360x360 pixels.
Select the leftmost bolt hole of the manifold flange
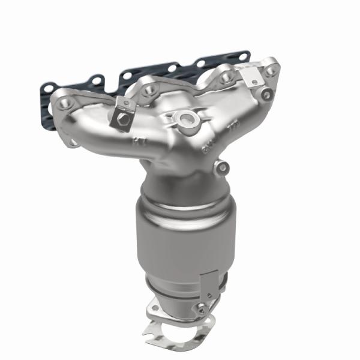pos(64,104)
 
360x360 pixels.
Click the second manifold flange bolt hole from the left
pos(149,89)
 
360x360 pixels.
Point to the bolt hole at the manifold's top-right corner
pos(272,70)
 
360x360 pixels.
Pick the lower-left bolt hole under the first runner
pos(73,142)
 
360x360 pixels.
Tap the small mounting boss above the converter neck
pos(223,167)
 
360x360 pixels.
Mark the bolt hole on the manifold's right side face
pos(266,94)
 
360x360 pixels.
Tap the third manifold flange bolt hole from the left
pos(226,77)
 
